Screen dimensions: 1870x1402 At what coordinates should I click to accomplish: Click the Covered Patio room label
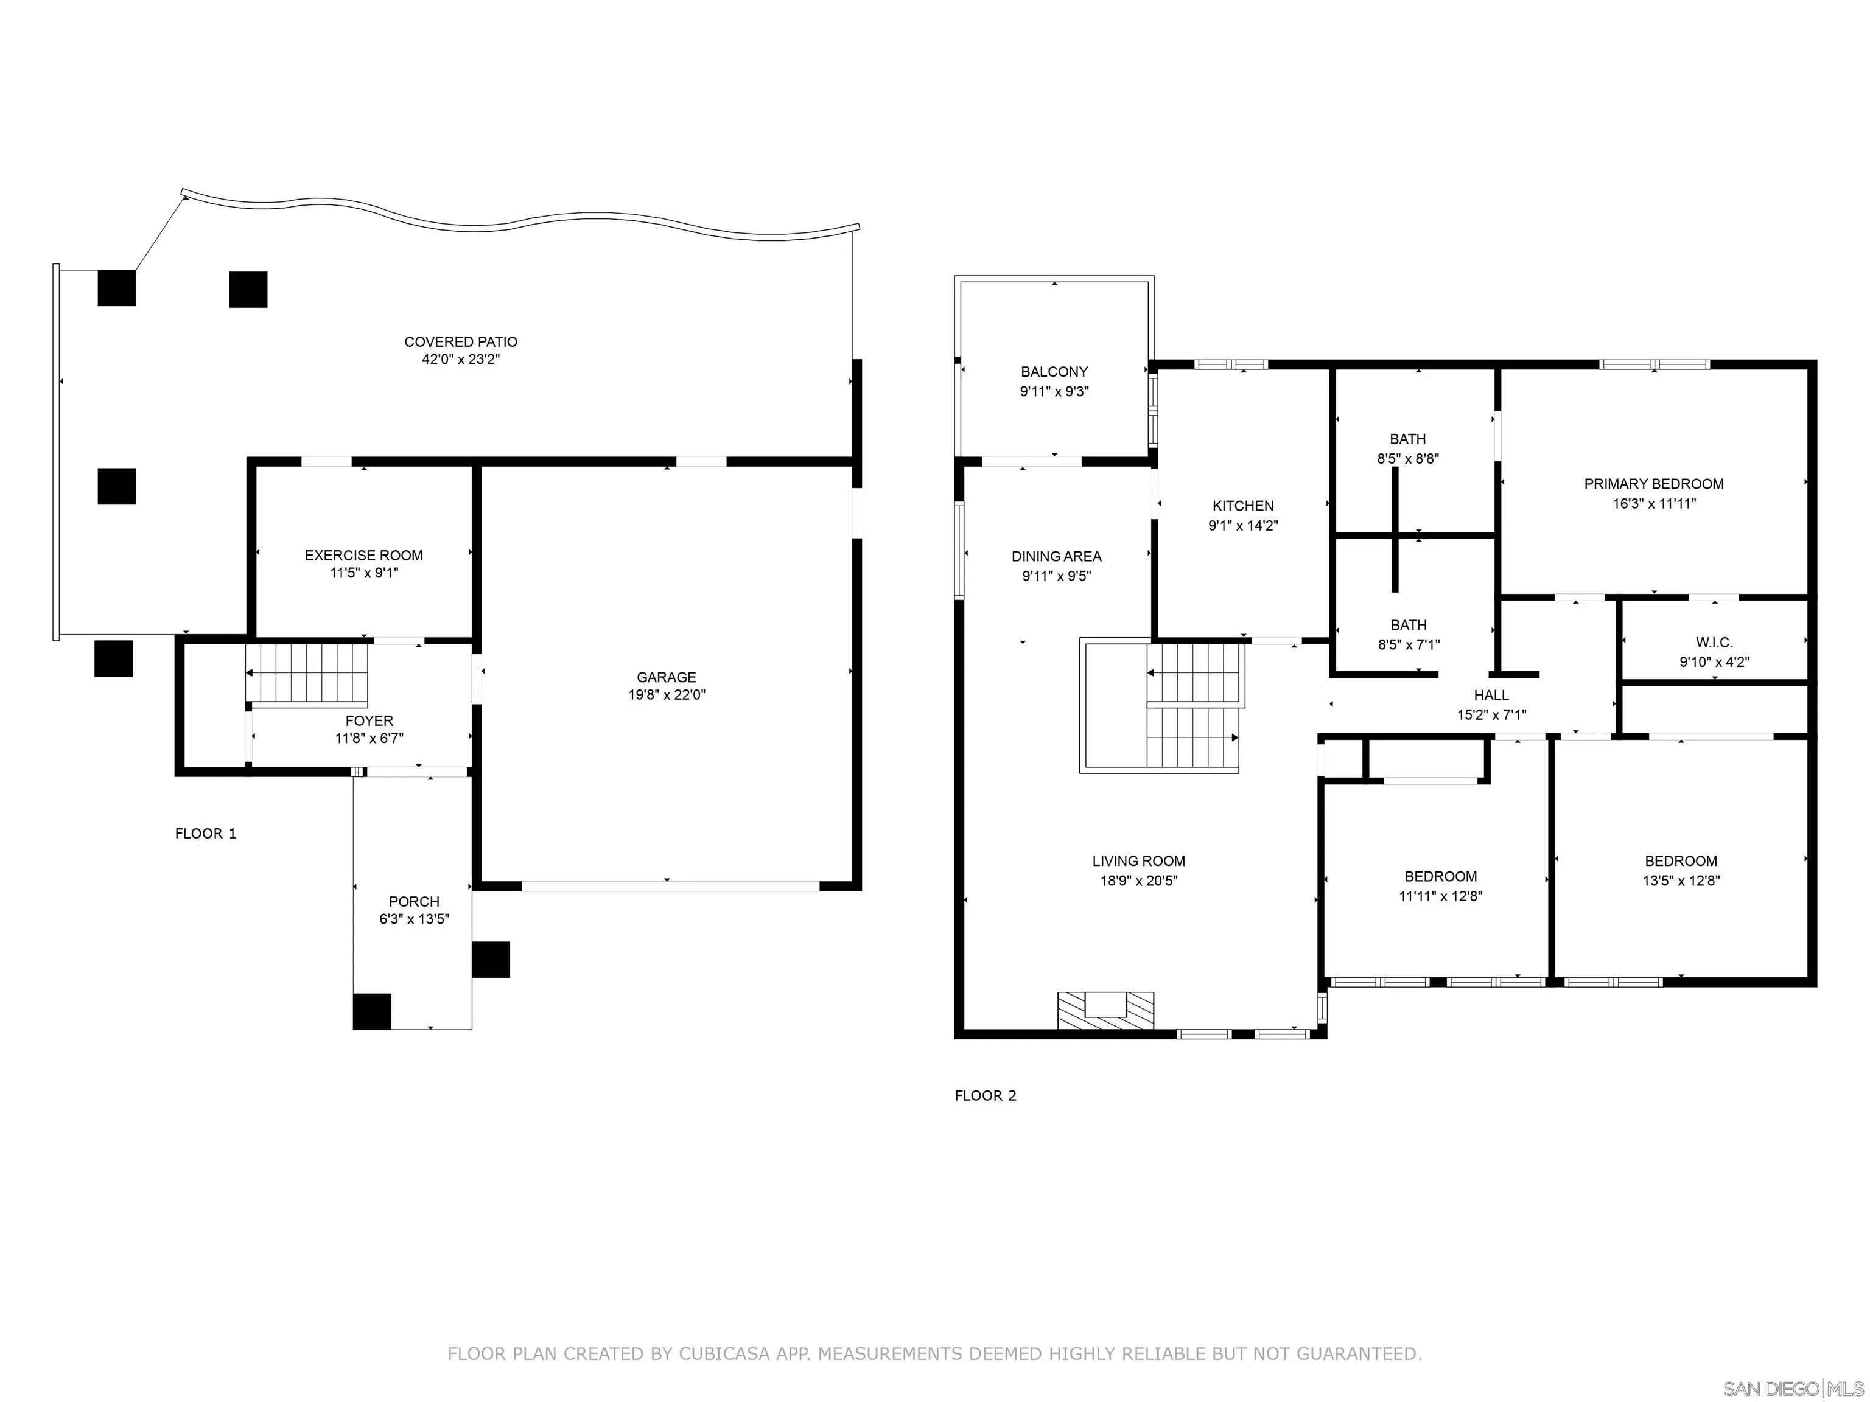(461, 341)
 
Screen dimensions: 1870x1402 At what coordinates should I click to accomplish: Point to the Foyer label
(369, 721)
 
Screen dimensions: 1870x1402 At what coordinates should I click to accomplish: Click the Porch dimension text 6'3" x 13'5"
(415, 919)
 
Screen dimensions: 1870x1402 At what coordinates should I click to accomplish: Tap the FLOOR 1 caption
(205, 833)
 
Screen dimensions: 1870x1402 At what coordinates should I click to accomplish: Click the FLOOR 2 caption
(986, 1095)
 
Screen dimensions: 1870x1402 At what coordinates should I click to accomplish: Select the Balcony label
(1054, 372)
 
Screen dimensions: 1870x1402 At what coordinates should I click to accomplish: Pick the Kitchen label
(1243, 506)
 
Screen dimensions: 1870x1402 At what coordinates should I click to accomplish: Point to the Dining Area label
(1057, 556)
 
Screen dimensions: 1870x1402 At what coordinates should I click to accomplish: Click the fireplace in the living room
(1106, 1010)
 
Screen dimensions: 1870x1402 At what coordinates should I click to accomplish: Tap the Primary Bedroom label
(1653, 484)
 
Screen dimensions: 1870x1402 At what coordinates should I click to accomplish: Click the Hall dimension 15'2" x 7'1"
(1491, 715)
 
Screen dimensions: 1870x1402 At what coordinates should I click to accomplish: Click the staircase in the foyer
(308, 674)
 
